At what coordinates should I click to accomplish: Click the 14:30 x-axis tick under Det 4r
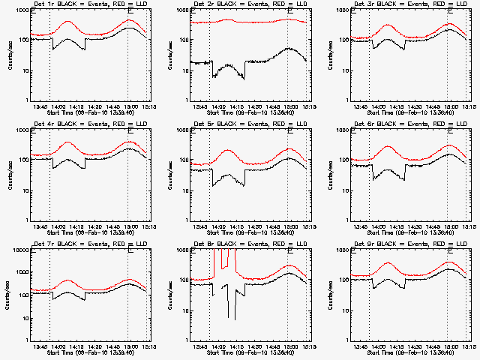92,226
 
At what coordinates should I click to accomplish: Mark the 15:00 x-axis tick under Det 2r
288,106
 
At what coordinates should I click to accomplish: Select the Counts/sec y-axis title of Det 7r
10,295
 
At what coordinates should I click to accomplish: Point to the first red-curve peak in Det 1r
68,22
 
